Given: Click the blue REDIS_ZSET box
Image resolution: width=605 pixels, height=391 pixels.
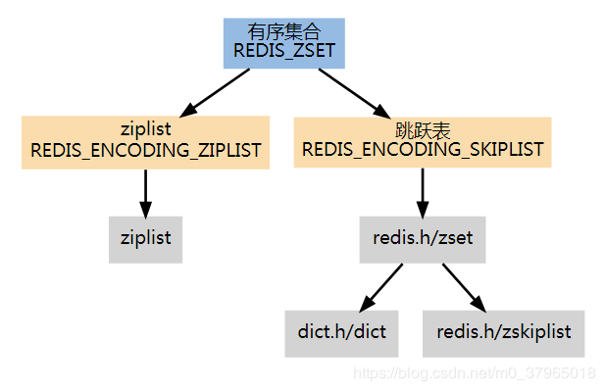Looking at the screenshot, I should coord(284,42).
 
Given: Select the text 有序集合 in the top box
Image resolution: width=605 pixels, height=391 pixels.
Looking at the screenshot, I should coord(284,32).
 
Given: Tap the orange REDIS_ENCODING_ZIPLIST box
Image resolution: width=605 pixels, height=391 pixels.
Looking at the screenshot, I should coord(145,142).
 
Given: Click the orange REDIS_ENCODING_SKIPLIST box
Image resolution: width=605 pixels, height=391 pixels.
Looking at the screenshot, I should coord(422,142).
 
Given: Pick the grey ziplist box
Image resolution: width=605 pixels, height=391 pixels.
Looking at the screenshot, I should coord(145,238).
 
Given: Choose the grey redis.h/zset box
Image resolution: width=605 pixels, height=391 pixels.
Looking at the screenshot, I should coord(422,238).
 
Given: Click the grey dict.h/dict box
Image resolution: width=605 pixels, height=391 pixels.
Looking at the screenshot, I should coord(342,332).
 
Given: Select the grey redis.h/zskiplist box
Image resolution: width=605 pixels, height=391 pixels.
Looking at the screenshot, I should coord(503,332).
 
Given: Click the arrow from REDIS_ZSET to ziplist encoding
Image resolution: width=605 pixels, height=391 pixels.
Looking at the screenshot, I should coord(220,91).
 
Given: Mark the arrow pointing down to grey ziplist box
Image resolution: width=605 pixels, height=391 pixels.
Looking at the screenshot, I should coord(145,192).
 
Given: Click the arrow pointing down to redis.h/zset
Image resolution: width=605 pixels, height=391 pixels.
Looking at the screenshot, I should coord(422,192).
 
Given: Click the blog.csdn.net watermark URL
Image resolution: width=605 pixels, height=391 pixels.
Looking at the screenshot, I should coord(474,373).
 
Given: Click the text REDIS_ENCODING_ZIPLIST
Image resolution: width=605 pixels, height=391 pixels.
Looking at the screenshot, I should coord(145,151).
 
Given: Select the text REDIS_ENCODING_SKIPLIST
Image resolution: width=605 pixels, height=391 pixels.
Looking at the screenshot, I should coord(422,151).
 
